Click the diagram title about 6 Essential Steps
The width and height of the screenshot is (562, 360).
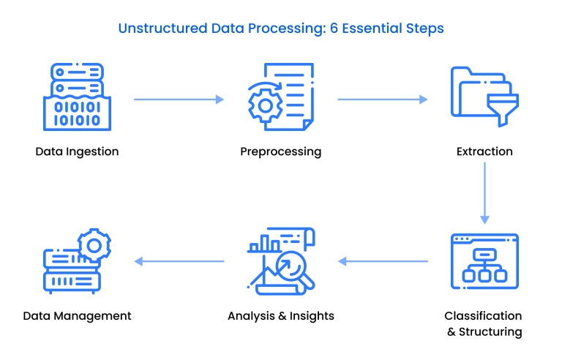coord(281,29)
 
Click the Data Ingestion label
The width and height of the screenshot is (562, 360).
coord(77,152)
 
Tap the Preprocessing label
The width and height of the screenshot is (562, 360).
coord(280,152)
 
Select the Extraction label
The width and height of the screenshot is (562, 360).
coord(484,152)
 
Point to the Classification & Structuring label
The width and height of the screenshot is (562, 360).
coord(484,323)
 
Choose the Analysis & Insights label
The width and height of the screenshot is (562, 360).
coord(280,316)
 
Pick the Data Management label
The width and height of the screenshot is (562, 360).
coord(77,316)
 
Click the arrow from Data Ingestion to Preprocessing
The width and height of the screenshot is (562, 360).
coord(179,100)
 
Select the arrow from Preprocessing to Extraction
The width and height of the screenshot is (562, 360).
coord(382,100)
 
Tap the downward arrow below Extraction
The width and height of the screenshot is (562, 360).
coord(484,192)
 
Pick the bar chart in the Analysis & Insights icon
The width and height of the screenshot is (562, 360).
coord(265,244)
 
